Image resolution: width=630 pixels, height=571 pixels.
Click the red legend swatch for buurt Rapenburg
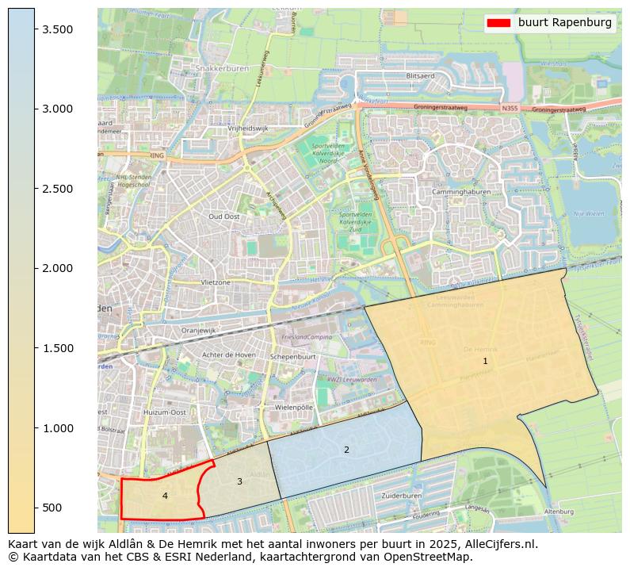click(500, 23)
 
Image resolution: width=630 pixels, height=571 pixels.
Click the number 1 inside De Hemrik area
click(485, 362)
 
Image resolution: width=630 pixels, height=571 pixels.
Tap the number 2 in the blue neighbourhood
click(346, 450)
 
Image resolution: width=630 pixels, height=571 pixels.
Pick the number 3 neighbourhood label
click(239, 481)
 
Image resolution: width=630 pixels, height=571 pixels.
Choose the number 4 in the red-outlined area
click(165, 496)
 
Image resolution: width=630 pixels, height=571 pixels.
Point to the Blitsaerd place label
click(420, 76)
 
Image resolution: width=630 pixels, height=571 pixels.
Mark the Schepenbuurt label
click(293, 358)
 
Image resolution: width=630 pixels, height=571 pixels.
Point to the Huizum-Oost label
click(165, 412)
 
